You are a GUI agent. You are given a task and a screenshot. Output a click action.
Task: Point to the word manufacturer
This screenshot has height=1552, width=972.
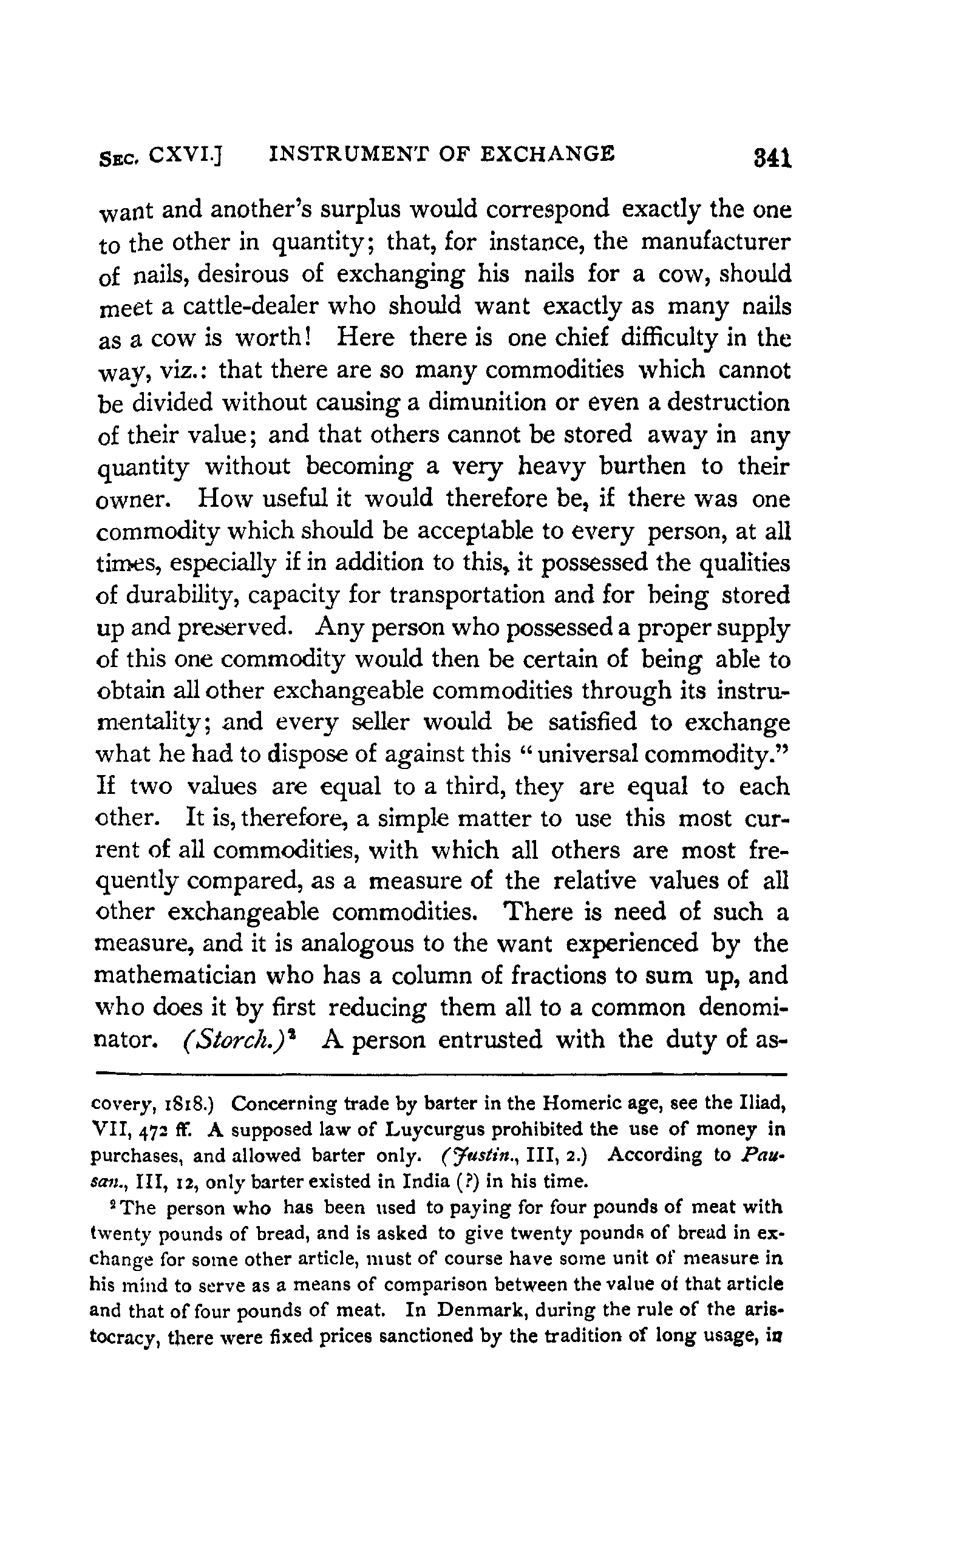(716, 242)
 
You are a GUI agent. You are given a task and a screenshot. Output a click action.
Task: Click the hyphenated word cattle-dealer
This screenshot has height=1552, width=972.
(251, 307)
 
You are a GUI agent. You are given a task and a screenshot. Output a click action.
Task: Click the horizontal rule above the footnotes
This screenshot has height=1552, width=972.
(441, 1073)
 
